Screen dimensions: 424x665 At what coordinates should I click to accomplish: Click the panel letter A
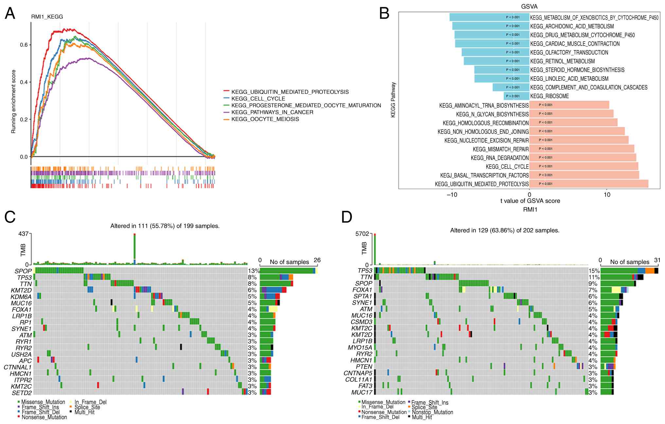(x=10, y=14)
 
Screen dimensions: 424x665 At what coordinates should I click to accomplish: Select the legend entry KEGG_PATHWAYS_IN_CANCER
(x=272, y=112)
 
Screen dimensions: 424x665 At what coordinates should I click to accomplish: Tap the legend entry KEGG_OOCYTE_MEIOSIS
(x=265, y=119)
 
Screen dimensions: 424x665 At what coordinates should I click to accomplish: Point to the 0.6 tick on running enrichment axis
(x=24, y=45)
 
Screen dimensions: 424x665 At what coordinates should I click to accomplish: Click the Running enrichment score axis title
(x=13, y=101)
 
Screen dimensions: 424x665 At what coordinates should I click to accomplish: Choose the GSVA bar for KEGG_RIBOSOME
(x=516, y=96)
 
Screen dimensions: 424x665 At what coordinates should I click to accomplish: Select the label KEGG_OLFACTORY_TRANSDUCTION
(x=569, y=52)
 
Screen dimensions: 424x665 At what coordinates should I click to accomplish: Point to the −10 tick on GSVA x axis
(x=452, y=195)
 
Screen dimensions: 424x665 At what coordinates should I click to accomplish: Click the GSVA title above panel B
(x=529, y=7)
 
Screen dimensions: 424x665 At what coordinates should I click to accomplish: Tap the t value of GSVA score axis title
(x=530, y=201)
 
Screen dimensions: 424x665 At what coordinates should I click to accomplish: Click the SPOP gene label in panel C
(x=23, y=271)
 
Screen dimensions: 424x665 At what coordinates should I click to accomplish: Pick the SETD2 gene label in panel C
(x=22, y=393)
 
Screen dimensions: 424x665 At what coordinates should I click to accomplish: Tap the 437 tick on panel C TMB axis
(x=24, y=234)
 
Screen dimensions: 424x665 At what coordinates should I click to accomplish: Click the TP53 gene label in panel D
(x=365, y=271)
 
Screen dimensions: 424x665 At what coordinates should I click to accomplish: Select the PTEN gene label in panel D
(x=364, y=367)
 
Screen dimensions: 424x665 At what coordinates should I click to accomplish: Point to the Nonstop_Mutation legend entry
(x=432, y=412)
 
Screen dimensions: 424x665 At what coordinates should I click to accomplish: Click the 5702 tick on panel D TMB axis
(x=362, y=234)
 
